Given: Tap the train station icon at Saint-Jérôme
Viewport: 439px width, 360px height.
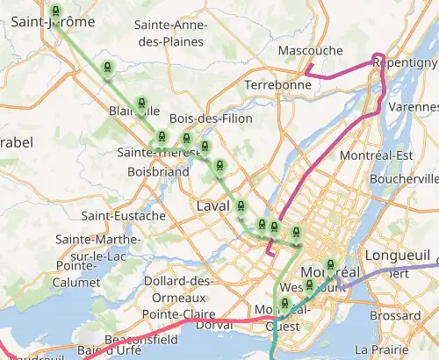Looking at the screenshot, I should tap(56, 12).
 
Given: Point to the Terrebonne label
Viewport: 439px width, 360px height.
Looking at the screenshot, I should tap(277, 85).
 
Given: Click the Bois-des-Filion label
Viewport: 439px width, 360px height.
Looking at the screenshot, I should tap(211, 119).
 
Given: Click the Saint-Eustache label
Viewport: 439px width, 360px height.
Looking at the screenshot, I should tap(124, 215).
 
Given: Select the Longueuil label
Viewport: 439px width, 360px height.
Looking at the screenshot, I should tap(404, 259).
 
